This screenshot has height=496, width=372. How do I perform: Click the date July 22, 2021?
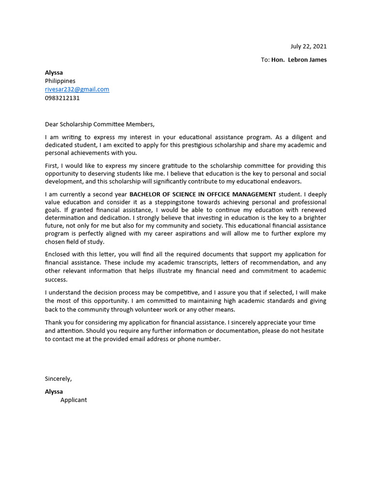click(308, 46)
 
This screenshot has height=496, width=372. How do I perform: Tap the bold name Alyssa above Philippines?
click(54, 73)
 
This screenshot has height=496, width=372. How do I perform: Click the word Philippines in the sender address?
click(60, 81)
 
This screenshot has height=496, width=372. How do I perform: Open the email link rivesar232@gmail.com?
click(77, 89)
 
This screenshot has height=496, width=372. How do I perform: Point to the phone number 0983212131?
click(62, 98)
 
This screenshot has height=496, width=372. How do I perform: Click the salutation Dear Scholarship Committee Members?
click(100, 124)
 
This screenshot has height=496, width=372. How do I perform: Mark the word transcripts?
click(180, 263)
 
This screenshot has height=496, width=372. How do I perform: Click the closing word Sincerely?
click(58, 379)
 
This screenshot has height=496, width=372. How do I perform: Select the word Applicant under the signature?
click(74, 400)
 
